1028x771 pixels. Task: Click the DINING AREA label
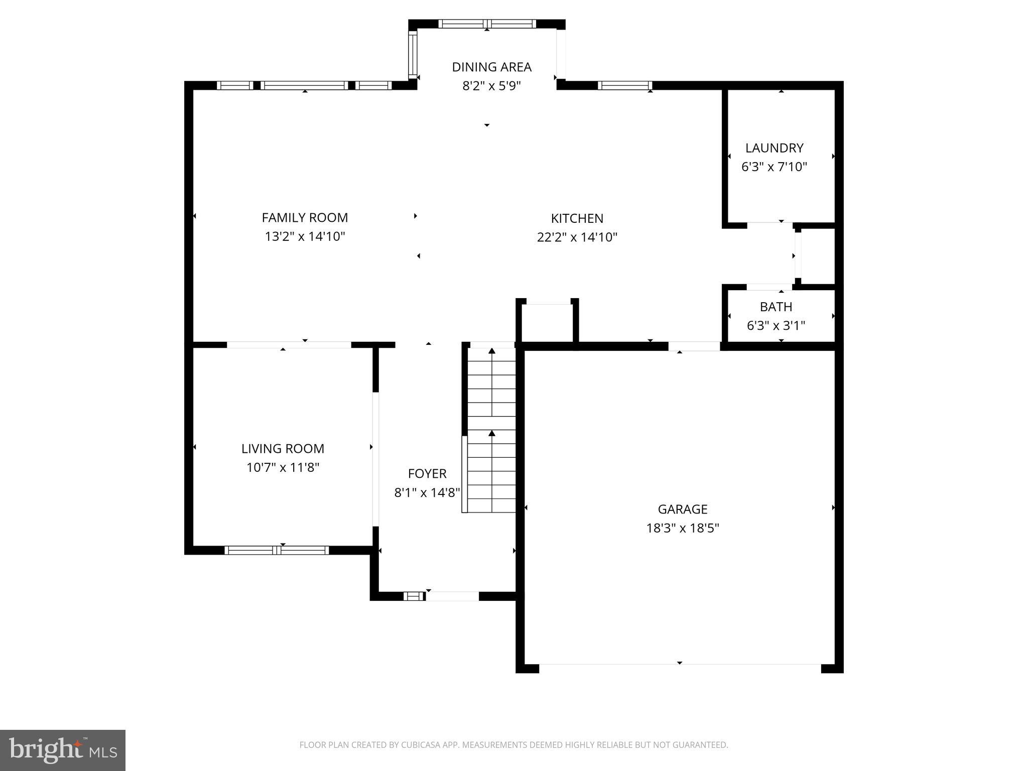[x=491, y=67]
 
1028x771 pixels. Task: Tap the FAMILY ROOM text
[x=305, y=217]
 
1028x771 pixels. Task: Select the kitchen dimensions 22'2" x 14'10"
[x=577, y=237]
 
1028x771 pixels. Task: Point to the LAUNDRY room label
[x=774, y=148]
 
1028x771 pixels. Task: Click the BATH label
[x=776, y=307]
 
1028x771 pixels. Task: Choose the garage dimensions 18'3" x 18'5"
[x=682, y=528]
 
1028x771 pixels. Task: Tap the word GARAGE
[x=682, y=509]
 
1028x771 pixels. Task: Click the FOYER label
[x=427, y=473]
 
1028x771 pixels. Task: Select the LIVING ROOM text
[x=283, y=448]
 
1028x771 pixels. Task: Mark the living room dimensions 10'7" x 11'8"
[x=283, y=467]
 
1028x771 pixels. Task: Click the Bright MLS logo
[x=63, y=750]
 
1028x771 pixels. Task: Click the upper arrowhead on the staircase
[x=492, y=351]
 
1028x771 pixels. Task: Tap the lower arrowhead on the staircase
[x=492, y=433]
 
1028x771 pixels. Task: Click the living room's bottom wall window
[x=277, y=550]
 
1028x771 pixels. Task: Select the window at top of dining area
[x=487, y=24]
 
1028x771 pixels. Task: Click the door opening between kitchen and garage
[x=694, y=346]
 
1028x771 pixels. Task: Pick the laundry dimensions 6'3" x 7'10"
[x=774, y=167]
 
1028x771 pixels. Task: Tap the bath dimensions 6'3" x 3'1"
[x=776, y=326]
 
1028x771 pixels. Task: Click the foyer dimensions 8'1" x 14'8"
[x=427, y=492]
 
